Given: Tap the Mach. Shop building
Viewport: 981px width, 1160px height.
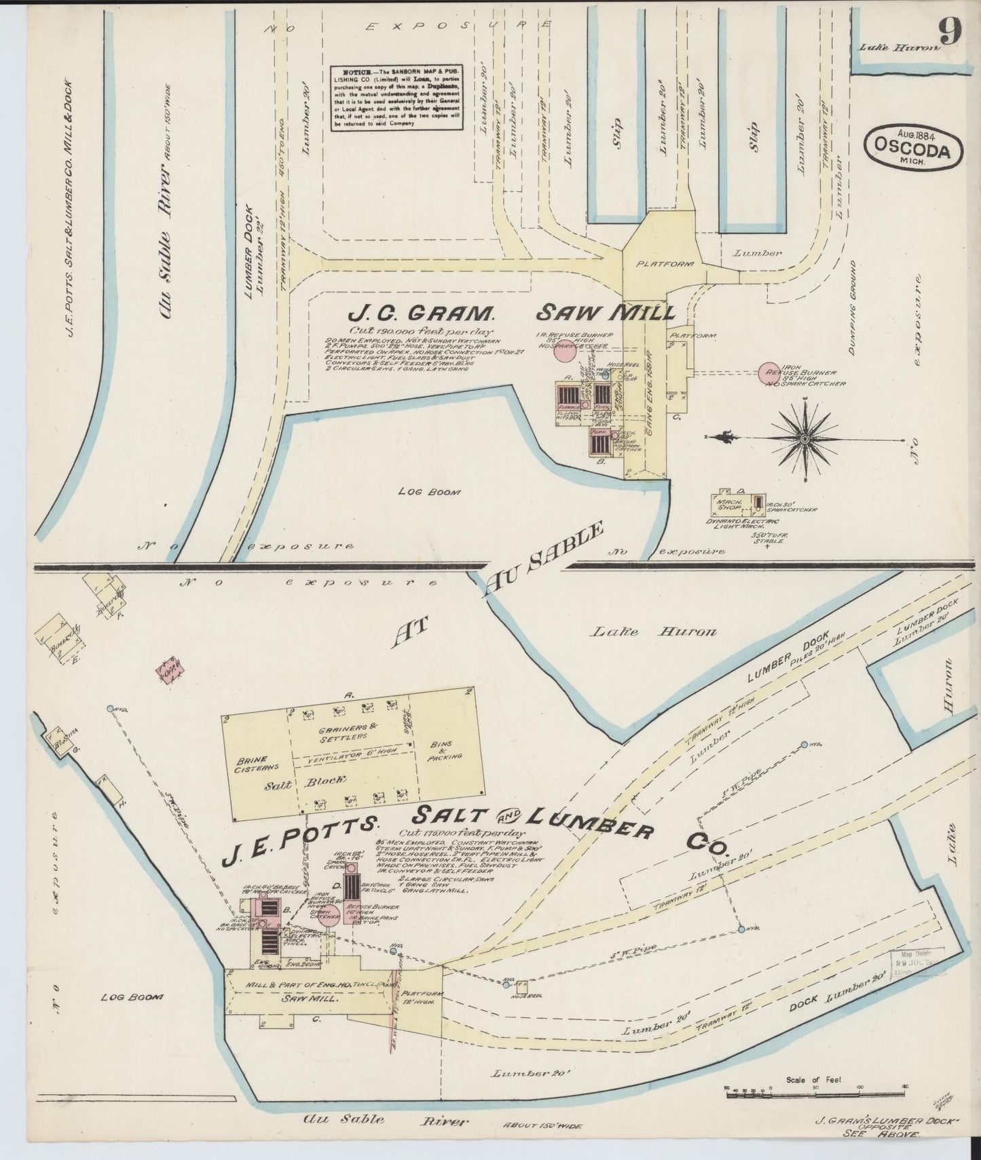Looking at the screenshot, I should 728,502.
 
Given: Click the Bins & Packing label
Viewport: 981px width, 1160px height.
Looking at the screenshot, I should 445,750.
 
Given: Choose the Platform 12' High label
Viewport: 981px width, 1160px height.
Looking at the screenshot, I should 424,998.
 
